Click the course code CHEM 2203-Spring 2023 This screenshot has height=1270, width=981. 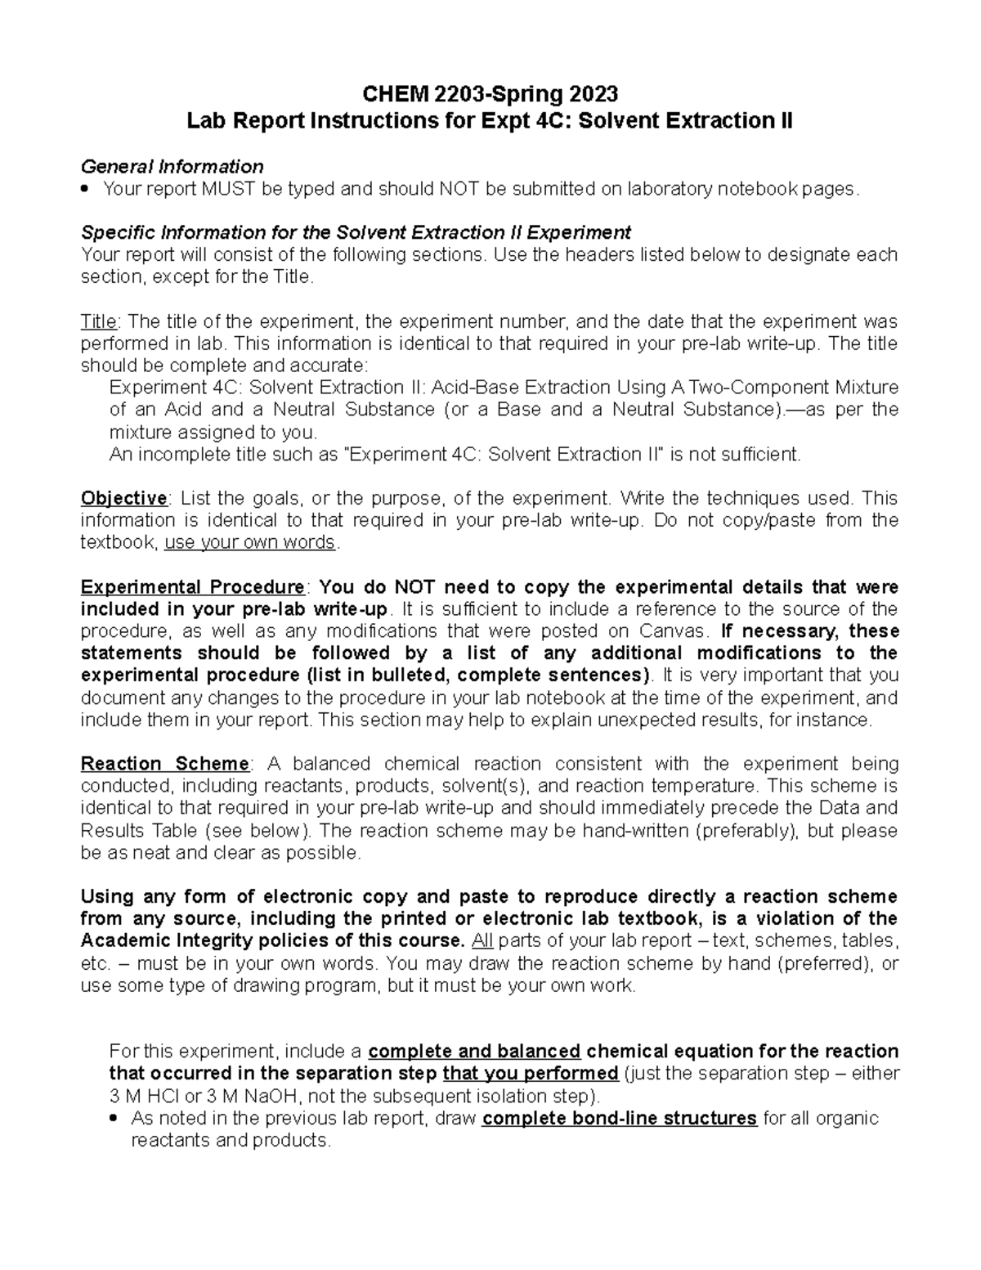490,92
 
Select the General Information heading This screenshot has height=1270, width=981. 172,167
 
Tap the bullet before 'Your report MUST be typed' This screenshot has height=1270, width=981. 87,190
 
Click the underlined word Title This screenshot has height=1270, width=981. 99,321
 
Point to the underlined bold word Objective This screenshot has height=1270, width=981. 123,498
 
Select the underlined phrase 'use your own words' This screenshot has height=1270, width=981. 249,542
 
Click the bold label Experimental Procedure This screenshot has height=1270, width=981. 192,587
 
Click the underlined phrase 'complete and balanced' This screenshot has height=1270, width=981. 474,1051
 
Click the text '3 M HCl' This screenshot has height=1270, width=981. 144,1096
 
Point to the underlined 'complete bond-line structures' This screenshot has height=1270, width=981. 619,1118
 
